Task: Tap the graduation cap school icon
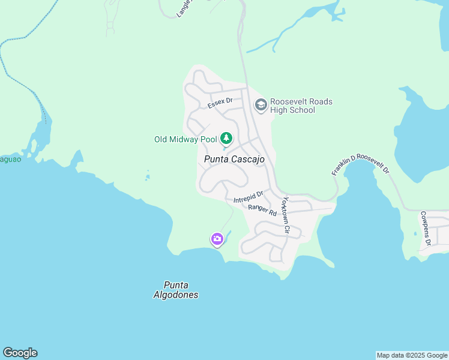click(261, 106)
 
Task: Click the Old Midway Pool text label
click(185, 139)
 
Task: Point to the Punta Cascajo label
click(234, 159)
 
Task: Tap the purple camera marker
click(217, 239)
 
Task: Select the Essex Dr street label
click(220, 103)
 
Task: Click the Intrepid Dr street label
click(249, 196)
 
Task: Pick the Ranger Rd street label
click(262, 209)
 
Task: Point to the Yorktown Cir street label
click(286, 215)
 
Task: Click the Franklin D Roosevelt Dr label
click(360, 164)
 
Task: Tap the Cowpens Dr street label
click(425, 228)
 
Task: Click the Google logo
click(20, 353)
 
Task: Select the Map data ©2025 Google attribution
click(411, 355)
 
